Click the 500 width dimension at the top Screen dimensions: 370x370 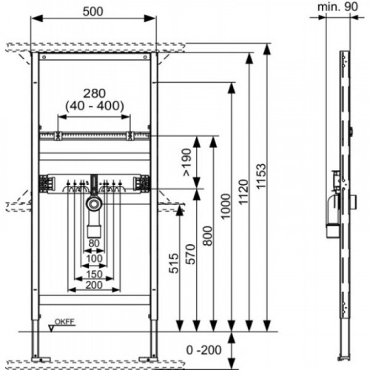(x=92, y=12)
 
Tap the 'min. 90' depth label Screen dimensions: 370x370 (x=337, y=7)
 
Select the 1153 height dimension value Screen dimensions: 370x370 (x=261, y=176)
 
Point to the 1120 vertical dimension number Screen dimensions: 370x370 (x=243, y=192)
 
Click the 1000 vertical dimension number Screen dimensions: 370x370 (x=226, y=206)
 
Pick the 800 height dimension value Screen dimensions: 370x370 (x=208, y=236)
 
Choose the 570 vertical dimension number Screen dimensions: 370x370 (x=190, y=255)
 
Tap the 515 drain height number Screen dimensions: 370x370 (x=174, y=263)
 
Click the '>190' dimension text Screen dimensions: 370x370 (x=186, y=162)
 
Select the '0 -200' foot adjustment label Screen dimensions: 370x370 (x=203, y=350)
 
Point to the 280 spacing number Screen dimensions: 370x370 (x=94, y=93)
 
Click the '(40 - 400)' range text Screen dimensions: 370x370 (x=95, y=106)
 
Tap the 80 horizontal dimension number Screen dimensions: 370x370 (x=94, y=243)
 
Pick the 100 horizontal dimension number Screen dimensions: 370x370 (x=94, y=259)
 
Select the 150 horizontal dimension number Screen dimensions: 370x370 (x=94, y=274)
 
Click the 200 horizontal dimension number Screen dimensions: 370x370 (x=94, y=286)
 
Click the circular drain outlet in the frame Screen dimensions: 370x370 (x=94, y=203)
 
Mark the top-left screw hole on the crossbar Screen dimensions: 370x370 (x=44, y=57)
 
